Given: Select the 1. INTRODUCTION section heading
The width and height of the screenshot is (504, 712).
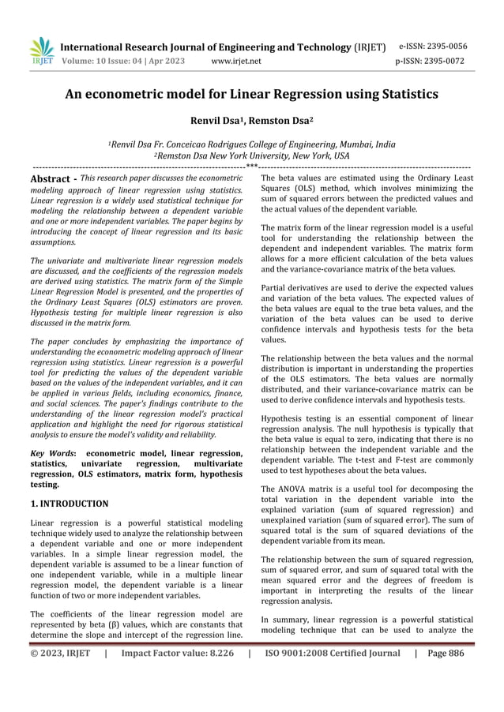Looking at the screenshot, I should point(69,503).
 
